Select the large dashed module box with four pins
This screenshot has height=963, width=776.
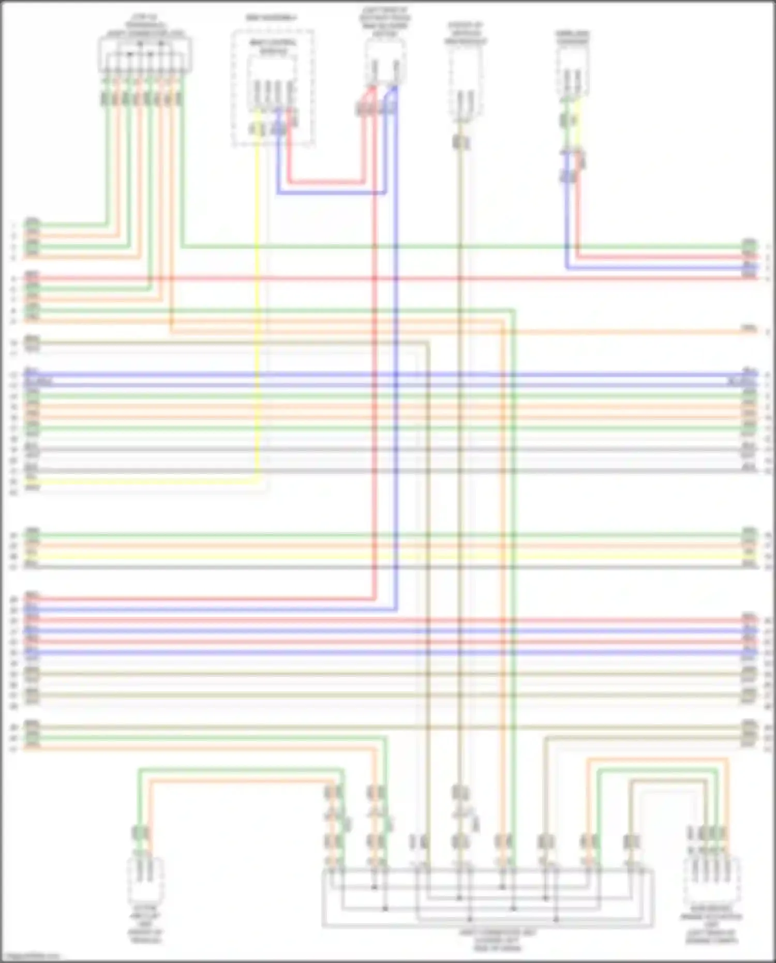pyautogui.click(x=273, y=88)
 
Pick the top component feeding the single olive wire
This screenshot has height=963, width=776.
pyautogui.click(x=465, y=85)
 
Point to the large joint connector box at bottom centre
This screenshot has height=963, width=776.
pyautogui.click(x=487, y=898)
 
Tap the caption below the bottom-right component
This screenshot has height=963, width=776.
pyautogui.click(x=711, y=929)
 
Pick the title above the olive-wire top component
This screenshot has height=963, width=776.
pyautogui.click(x=465, y=33)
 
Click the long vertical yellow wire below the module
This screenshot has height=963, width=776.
pyautogui.click(x=257, y=310)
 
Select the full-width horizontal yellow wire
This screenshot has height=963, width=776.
pyautogui.click(x=388, y=556)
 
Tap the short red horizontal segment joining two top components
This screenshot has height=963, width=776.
pyautogui.click(x=326, y=182)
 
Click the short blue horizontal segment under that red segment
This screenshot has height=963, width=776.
pyautogui.click(x=331, y=193)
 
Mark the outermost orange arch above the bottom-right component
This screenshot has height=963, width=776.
pyautogui.click(x=657, y=759)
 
